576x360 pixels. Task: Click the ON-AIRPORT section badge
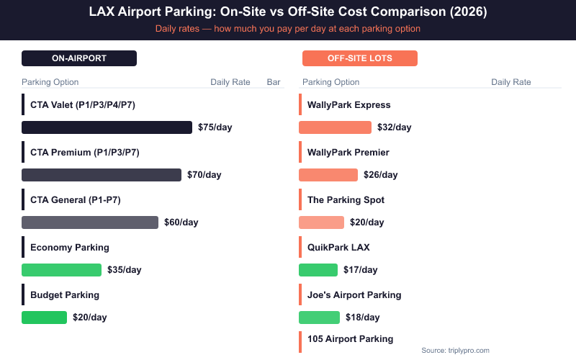pos(79,58)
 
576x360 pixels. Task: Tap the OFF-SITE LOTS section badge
pos(360,58)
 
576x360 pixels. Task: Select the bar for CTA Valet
pos(107,127)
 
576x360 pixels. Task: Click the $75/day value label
pos(215,127)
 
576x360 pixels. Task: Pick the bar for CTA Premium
pos(102,175)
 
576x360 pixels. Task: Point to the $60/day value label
pos(181,222)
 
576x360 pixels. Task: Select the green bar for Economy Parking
pos(61,270)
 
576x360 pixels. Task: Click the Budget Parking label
pos(65,294)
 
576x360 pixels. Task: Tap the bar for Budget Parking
pos(44,318)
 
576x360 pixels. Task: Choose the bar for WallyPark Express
pos(335,127)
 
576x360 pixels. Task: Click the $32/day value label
pos(395,127)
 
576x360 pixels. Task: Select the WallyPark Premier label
pos(348,152)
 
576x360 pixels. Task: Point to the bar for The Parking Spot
pos(321,222)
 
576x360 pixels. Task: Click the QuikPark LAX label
pos(338,247)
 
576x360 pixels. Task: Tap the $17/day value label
pos(361,270)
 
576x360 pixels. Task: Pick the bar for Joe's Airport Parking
pos(319,318)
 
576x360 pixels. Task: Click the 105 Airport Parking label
pos(351,338)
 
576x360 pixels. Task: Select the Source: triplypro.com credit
pos(455,350)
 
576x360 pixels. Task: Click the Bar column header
pos(274,82)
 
